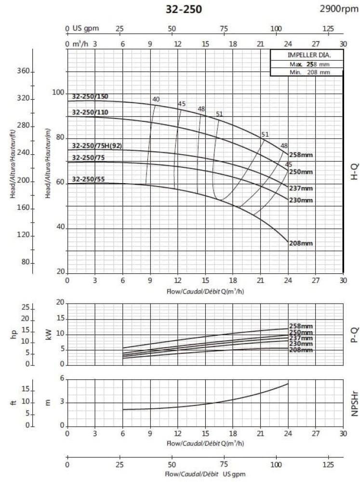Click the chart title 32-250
pos(184,9)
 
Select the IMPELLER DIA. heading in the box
pos(306,55)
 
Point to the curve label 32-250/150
pos(90,96)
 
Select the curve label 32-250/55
pos(88,179)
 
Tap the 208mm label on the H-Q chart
pos(300,243)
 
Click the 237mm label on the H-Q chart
pos(300,188)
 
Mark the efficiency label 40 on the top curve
pos(156,100)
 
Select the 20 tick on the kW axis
pos(60,302)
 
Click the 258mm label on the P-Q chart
pos(301,326)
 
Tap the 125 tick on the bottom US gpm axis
pos(328,466)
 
